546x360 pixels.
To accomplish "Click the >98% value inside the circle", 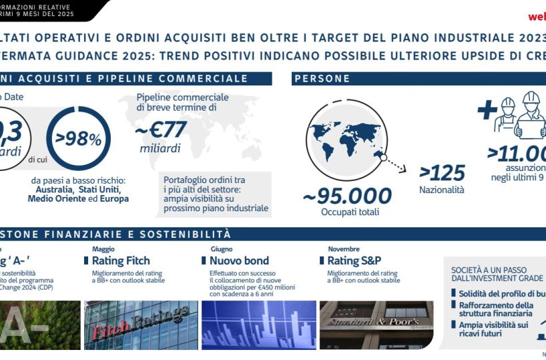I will pyautogui.click(x=79, y=139).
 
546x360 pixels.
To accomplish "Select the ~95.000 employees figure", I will pyautogui.click(x=347, y=196).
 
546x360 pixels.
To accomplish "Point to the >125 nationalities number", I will pyautogui.click(x=442, y=173).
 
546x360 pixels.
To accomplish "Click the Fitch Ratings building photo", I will pyautogui.click(x=141, y=325).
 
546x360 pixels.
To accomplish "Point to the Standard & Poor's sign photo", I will pyautogui.click(x=377, y=325).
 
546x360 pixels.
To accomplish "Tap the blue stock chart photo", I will pyautogui.click(x=258, y=325).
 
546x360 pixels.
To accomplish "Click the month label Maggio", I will pyautogui.click(x=103, y=249).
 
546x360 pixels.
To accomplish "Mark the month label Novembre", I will pyautogui.click(x=344, y=249).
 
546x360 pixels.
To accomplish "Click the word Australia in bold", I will pyautogui.click(x=52, y=190).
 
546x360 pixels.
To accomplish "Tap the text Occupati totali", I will pyautogui.click(x=350, y=212).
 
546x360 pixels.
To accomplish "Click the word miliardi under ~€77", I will pyautogui.click(x=160, y=148).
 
